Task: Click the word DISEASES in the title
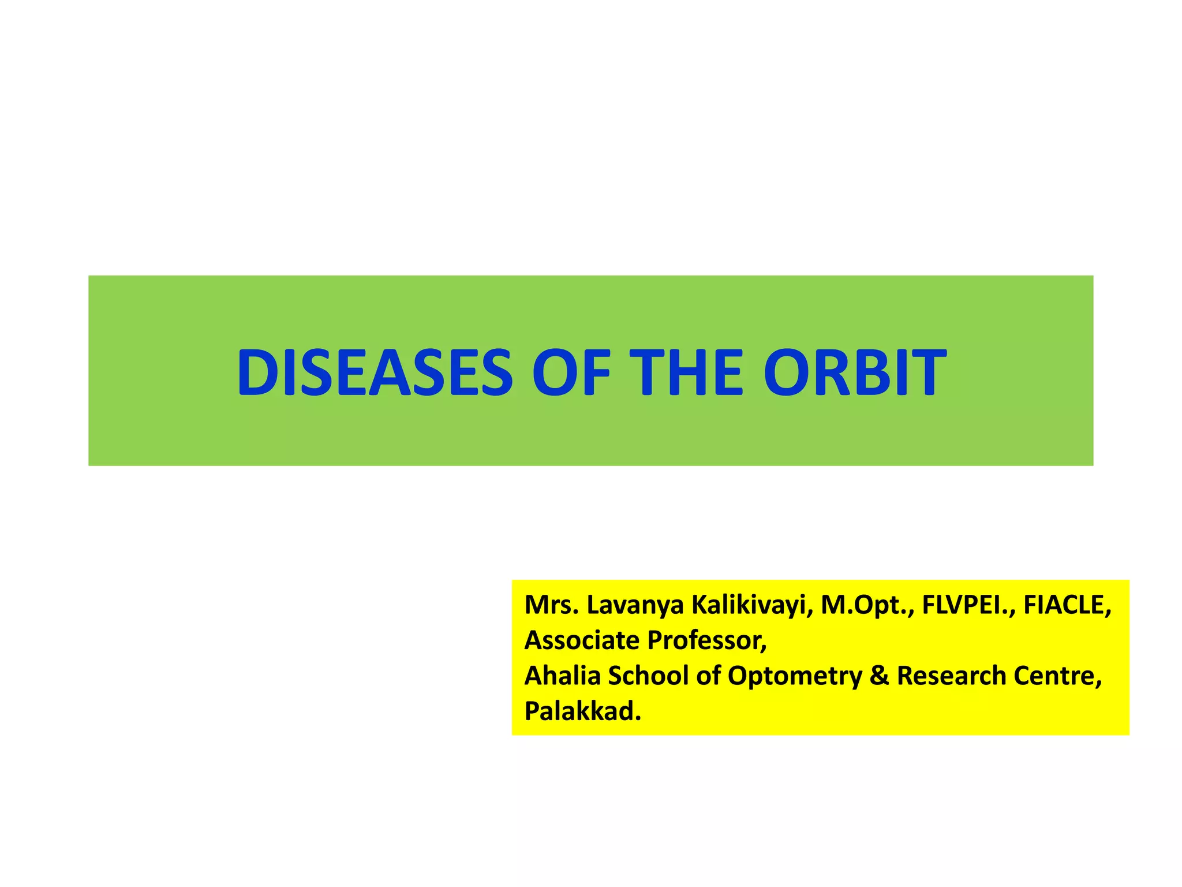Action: [375, 372]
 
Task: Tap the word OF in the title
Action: [571, 372]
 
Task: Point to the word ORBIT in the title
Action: [854, 372]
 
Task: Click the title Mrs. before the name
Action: [551, 605]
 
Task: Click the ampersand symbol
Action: [879, 676]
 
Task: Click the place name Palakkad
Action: [582, 711]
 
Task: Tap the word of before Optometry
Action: [708, 676]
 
